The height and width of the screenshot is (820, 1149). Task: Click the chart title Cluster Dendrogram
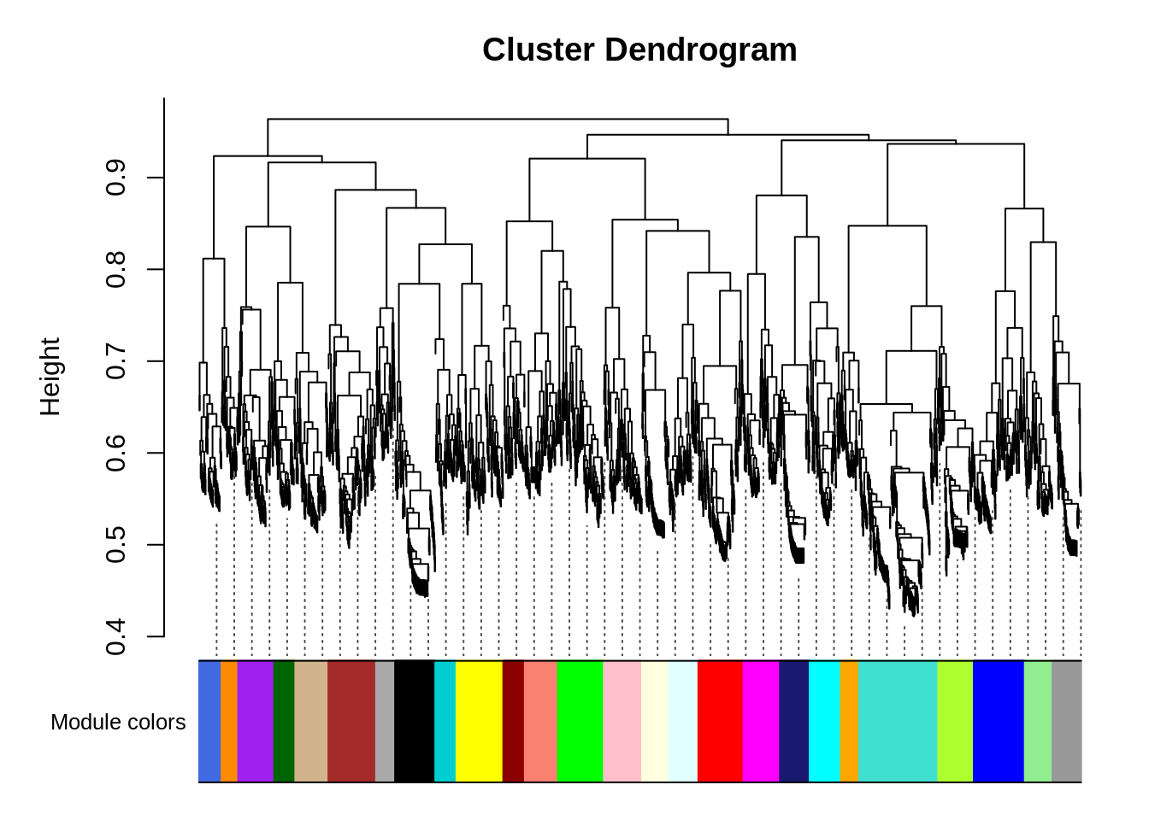click(x=639, y=50)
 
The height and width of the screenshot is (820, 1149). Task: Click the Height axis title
click(x=51, y=377)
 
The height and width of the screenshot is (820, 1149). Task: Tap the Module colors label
click(x=118, y=723)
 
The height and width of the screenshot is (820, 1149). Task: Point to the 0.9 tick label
click(x=115, y=178)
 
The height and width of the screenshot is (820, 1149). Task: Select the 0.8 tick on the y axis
click(x=115, y=270)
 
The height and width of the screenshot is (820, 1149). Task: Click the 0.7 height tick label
click(x=115, y=361)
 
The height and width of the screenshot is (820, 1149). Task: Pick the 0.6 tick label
click(x=115, y=454)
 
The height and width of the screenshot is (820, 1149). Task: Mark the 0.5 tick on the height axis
click(x=115, y=545)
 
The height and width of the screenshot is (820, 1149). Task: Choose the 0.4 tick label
click(x=115, y=637)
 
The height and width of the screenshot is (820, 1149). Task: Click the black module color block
click(x=414, y=722)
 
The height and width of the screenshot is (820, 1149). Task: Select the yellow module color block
click(x=479, y=722)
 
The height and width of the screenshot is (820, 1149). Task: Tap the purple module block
click(x=255, y=722)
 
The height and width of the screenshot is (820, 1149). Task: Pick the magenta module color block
click(x=761, y=722)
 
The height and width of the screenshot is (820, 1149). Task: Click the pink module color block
click(x=622, y=722)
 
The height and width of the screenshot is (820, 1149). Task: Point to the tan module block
click(x=311, y=722)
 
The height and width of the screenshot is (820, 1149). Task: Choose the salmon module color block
click(x=540, y=722)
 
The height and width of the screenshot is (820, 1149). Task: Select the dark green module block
click(x=284, y=722)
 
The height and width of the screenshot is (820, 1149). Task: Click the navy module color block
click(x=794, y=722)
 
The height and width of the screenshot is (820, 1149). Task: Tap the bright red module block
click(x=720, y=722)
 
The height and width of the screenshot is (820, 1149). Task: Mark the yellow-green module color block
click(x=955, y=722)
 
